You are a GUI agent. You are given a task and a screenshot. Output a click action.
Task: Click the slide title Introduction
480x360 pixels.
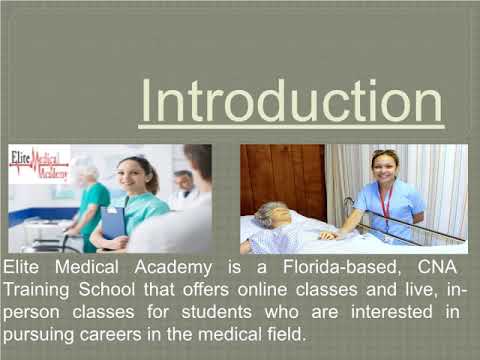click(290, 101)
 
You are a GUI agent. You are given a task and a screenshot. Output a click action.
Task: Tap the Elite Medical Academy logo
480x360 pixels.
click(39, 166)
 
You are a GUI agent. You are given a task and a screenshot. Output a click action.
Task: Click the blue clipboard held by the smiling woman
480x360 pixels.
click(113, 221)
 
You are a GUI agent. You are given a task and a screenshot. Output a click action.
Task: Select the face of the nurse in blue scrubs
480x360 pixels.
click(384, 167)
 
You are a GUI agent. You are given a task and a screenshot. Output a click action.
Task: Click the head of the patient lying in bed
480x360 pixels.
click(273, 215)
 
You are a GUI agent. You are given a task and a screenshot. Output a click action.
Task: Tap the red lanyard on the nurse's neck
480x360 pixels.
click(385, 200)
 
